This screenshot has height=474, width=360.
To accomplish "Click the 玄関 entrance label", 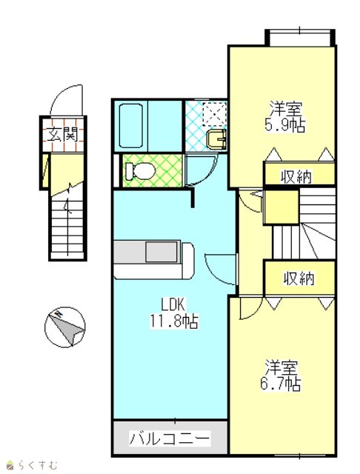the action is pyautogui.click(x=62, y=134).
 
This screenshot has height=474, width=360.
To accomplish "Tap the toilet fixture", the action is pyautogui.click(x=141, y=171).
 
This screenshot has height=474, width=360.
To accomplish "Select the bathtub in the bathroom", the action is pyautogui.click(x=131, y=125).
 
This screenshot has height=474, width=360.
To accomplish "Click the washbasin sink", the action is pyautogui.click(x=217, y=139).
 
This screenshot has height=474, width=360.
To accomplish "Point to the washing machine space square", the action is pyautogui.click(x=215, y=113).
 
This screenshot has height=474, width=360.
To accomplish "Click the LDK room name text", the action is pyautogui.click(x=173, y=304).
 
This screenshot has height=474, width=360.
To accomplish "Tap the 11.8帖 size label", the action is pyautogui.click(x=174, y=321).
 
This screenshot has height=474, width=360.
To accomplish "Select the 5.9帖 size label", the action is pyautogui.click(x=284, y=125).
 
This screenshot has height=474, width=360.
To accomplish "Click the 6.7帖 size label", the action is pyautogui.click(x=280, y=384).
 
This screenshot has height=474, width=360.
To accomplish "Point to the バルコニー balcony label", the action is pyautogui.click(x=170, y=438).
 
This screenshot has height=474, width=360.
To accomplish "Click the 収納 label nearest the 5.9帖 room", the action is pyautogui.click(x=296, y=176).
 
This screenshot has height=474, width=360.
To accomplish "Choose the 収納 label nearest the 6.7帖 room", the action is pyautogui.click(x=299, y=278).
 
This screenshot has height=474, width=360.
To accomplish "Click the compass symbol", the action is pyautogui.click(x=65, y=327).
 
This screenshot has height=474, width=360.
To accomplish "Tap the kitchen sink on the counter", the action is pyautogui.click(x=161, y=252).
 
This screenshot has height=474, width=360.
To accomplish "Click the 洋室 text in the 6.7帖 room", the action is pyautogui.click(x=281, y=367).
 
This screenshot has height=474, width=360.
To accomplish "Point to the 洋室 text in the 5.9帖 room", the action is pyautogui.click(x=286, y=109).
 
